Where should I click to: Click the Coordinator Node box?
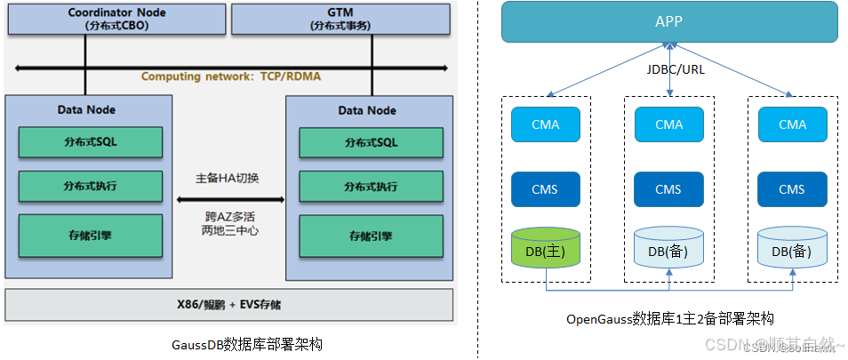tap(115, 19)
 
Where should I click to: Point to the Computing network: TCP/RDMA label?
tap(231, 76)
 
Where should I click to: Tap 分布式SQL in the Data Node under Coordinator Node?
tap(90, 142)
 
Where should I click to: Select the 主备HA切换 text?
tap(228, 178)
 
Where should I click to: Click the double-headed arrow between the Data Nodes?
tap(228, 200)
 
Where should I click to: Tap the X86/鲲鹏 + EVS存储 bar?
tap(229, 304)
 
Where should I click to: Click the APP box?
tap(668, 21)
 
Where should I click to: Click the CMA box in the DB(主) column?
tap(545, 124)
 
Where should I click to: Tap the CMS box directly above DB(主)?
tap(545, 188)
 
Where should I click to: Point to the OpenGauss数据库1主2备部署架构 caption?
tap(669, 318)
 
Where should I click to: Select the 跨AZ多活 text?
tap(228, 216)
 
